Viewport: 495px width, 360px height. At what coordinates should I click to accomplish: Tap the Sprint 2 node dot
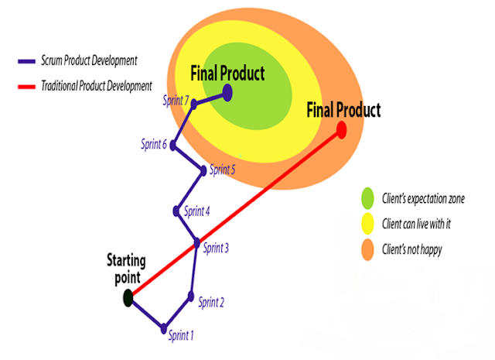191,295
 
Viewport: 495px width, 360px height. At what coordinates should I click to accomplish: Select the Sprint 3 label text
216,249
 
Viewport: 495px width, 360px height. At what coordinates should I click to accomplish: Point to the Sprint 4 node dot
177,211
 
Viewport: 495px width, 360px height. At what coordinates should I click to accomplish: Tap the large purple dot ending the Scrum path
227,91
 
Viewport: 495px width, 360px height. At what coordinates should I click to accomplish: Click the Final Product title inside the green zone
227,74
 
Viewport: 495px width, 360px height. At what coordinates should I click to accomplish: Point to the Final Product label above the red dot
343,110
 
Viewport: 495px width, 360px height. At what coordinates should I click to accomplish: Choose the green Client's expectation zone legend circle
367,198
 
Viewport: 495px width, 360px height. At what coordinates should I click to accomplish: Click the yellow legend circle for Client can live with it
367,224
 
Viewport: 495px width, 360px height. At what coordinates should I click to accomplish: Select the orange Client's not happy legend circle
367,249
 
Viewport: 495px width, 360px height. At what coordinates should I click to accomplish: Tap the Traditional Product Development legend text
97,86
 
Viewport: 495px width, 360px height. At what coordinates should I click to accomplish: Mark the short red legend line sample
27,86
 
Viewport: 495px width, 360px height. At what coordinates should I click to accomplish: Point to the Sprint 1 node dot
164,328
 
